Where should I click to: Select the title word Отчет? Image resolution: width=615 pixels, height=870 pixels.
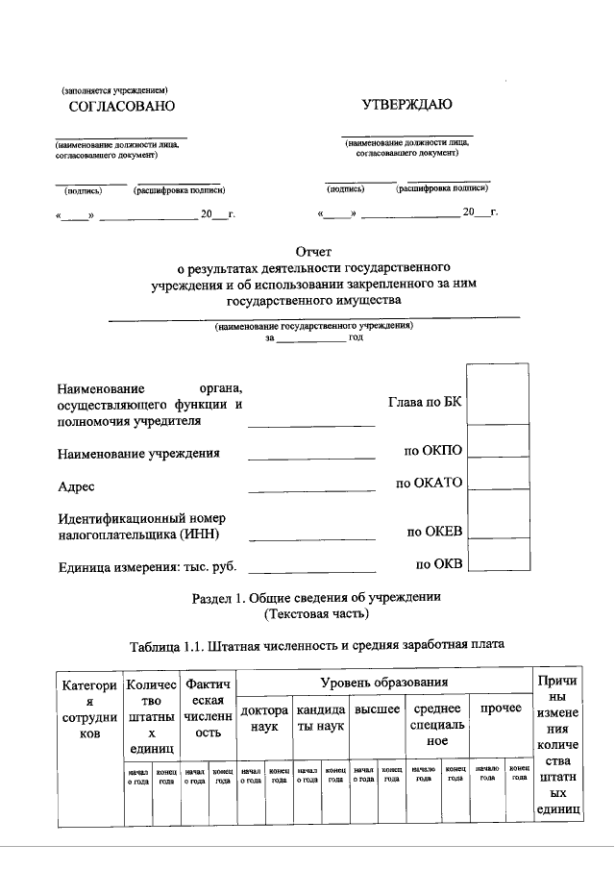point(313,251)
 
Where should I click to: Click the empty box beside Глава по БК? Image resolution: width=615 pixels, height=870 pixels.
point(497,393)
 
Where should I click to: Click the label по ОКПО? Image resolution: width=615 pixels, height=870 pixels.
point(434,450)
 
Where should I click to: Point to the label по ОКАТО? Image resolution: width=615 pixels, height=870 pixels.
point(430,483)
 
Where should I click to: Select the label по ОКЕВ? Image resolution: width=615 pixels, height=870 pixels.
point(434,531)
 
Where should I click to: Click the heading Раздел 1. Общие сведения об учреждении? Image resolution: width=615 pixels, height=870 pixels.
point(316,597)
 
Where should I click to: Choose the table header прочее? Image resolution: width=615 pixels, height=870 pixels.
point(500,708)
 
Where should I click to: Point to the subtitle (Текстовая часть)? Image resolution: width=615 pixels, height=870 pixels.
point(316,613)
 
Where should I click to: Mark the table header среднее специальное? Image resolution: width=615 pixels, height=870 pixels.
point(437,725)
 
